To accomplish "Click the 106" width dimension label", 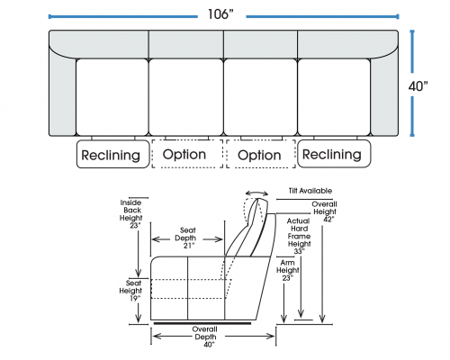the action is [220, 14].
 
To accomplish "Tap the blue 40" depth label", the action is [418, 86].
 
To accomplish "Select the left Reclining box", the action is [112, 154].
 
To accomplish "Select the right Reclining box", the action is [334, 154].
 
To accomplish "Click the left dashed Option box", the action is [187, 154].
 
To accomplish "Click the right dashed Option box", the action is [261, 154].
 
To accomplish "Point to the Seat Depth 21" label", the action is [187, 238].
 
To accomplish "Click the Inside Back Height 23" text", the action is [131, 214].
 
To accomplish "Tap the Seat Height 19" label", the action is [131, 291].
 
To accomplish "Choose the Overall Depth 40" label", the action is [205, 337].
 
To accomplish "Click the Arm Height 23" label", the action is [287, 271].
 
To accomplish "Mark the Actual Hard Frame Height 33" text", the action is [299, 236].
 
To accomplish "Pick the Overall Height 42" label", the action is [325, 211].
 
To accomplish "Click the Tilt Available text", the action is [310, 191].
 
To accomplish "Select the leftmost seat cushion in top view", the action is [112, 97].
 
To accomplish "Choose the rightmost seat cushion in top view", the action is [334, 97].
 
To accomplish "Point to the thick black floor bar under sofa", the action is [202, 323].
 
